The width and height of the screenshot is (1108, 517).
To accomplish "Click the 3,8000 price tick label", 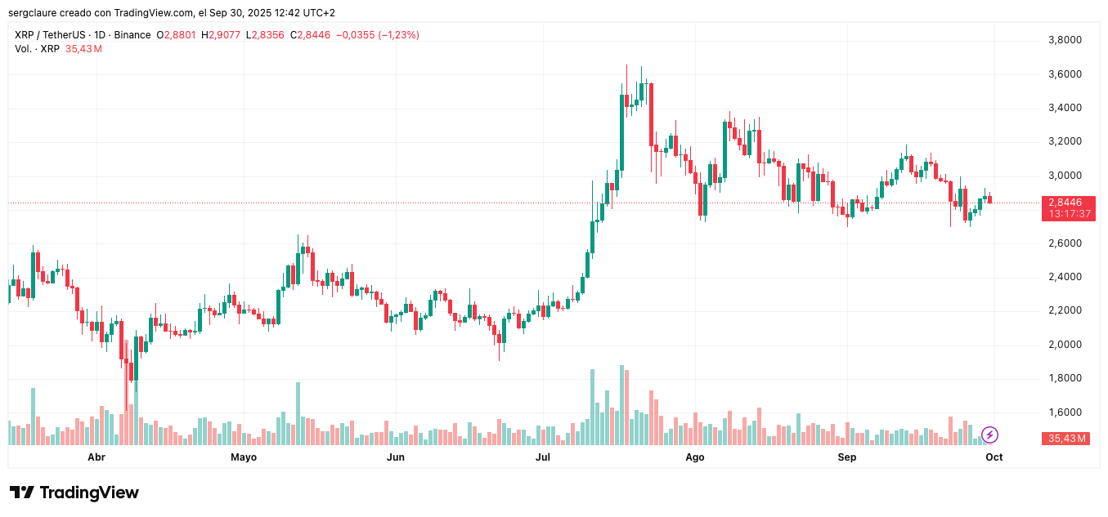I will point(1065,40).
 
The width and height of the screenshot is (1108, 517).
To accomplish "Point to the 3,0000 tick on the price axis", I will point(1065,176).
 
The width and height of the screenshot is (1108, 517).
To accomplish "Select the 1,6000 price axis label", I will point(1065,412).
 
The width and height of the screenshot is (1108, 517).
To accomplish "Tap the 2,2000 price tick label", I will point(1065,310).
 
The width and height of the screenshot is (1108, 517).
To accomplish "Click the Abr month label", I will point(96,457).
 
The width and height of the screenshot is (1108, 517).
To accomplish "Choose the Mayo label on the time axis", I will point(244,457).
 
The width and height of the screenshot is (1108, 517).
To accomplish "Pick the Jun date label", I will point(396,457).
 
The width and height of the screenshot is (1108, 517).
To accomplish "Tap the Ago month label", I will point(694,457).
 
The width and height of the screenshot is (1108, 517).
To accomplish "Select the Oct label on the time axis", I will point(994,457).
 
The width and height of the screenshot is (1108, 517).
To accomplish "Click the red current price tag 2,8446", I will point(1066,203).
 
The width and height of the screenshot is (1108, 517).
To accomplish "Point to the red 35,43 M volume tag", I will point(1067,439).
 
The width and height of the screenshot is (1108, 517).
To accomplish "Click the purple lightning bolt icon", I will point(989,435).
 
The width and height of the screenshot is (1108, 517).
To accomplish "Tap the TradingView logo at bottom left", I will point(74,492).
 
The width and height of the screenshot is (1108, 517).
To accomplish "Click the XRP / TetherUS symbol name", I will point(52,35).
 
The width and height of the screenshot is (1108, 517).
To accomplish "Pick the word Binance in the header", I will point(132,35).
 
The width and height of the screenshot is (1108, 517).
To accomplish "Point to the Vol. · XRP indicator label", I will point(37,49).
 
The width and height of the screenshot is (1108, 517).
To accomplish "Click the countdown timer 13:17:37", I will point(1066,214).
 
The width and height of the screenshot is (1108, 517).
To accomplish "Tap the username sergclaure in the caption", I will point(34,13).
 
